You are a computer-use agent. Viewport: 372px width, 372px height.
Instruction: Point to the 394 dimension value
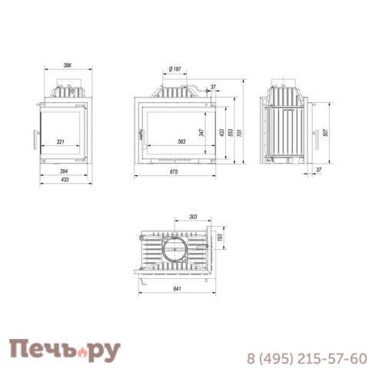[x=64, y=171]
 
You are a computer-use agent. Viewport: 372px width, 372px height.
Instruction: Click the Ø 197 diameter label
[x=175, y=69]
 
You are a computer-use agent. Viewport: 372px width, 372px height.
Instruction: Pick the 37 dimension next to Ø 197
[x=213, y=87]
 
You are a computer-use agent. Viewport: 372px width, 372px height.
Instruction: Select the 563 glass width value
[x=181, y=141]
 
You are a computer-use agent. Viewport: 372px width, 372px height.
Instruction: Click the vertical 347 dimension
[x=201, y=132]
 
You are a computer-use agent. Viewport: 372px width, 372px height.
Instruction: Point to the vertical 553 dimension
[x=230, y=131]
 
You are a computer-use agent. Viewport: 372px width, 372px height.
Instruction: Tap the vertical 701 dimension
[x=240, y=131]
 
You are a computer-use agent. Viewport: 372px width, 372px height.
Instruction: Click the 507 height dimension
[x=325, y=132]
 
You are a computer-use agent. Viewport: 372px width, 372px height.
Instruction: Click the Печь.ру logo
[x=65, y=350]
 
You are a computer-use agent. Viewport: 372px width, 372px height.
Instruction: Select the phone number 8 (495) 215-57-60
[x=306, y=358]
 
